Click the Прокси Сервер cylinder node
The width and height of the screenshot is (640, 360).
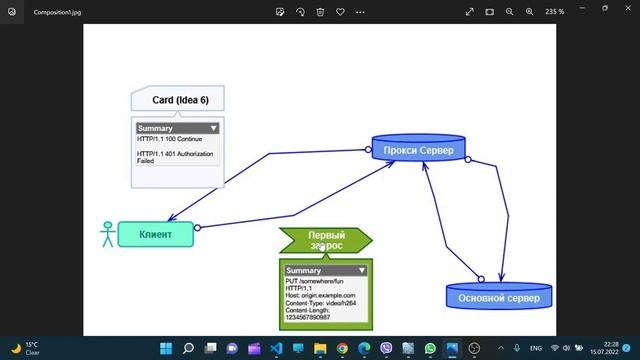[418, 151]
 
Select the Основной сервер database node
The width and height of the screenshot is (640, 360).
[498, 297]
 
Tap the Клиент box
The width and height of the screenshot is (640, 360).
[155, 234]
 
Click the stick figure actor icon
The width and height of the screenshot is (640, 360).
[107, 234]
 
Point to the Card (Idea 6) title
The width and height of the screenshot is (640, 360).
[180, 100]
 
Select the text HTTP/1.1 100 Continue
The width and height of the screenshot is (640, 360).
[169, 139]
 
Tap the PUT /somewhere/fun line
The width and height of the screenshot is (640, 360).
[316, 281]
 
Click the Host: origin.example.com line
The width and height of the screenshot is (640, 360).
[321, 296]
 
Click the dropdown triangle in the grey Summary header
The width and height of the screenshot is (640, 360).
[213, 128]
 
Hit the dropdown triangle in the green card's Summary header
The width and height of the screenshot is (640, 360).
[362, 270]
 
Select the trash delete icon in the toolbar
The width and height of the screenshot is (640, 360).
[320, 12]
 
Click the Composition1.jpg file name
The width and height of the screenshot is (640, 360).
[57, 12]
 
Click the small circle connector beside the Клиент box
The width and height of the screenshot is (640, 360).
[197, 228]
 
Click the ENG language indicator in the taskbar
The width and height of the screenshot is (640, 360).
[534, 348]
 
